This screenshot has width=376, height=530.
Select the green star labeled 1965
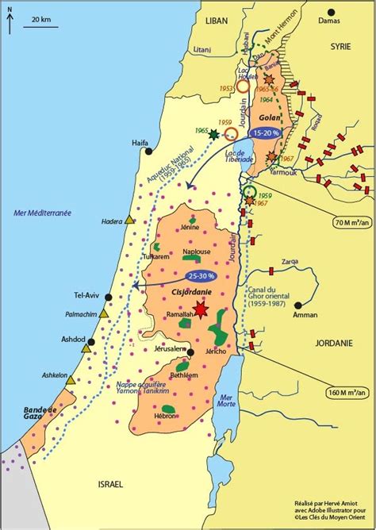pyautogui.click(x=213, y=136)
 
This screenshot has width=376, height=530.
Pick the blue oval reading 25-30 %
pyautogui.click(x=201, y=275)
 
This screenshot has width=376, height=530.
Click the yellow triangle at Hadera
pyautogui.click(x=129, y=220)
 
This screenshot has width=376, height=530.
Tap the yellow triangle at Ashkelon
pyautogui.click(x=71, y=381)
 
